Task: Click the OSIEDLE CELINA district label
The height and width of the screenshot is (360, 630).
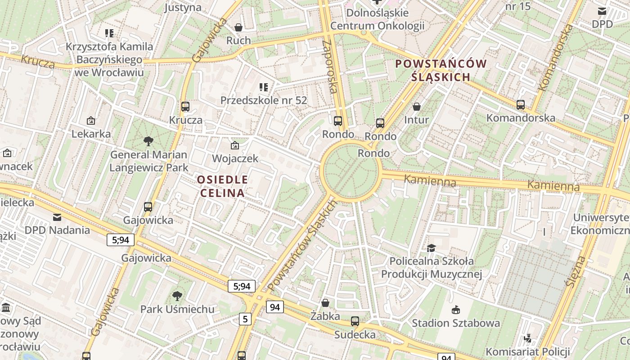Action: point(223,186)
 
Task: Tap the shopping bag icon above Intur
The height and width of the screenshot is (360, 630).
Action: point(417,107)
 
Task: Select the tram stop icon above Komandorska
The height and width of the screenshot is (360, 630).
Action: point(521,105)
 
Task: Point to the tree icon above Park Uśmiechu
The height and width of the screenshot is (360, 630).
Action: point(177,296)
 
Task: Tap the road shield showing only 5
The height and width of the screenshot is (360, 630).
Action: point(245,319)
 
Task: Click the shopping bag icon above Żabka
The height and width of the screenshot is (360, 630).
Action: point(325,303)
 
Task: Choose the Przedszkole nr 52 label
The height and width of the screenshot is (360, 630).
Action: point(264,100)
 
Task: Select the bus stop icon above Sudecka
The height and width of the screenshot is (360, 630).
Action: point(355,321)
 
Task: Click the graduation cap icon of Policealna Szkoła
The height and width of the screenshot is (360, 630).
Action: point(431,248)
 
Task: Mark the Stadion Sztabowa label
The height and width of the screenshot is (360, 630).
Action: point(456,323)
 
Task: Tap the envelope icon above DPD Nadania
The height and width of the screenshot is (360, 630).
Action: point(57,217)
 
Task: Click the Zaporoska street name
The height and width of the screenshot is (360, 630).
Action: point(330,66)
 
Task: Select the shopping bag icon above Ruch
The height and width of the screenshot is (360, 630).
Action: point(238,28)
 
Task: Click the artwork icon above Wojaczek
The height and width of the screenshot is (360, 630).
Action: point(234,145)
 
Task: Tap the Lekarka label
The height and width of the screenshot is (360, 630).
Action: point(91,134)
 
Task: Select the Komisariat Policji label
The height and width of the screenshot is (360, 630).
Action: point(527,351)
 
